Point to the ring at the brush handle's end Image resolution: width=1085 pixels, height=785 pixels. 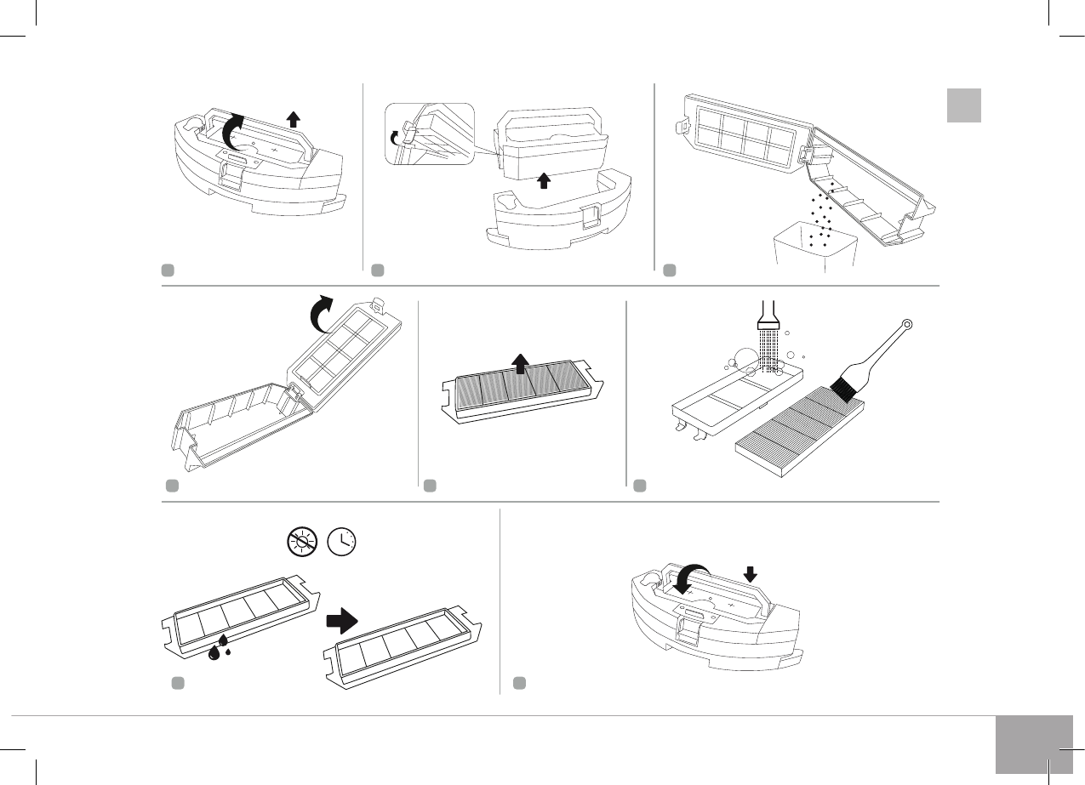pos(907,324)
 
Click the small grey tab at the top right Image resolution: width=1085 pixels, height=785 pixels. pos(964,105)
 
